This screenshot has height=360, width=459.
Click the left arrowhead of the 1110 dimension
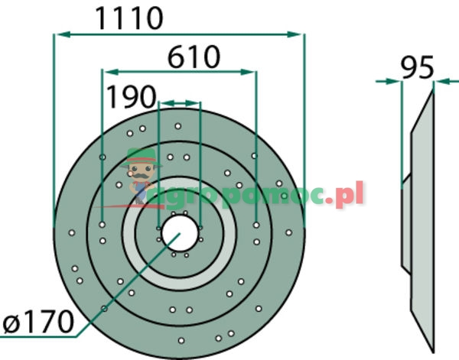coord(58,34)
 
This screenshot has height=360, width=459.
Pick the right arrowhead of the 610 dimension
coord(250,71)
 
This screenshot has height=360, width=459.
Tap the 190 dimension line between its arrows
coord(179,102)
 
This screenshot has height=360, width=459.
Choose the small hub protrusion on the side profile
coord(406,222)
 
